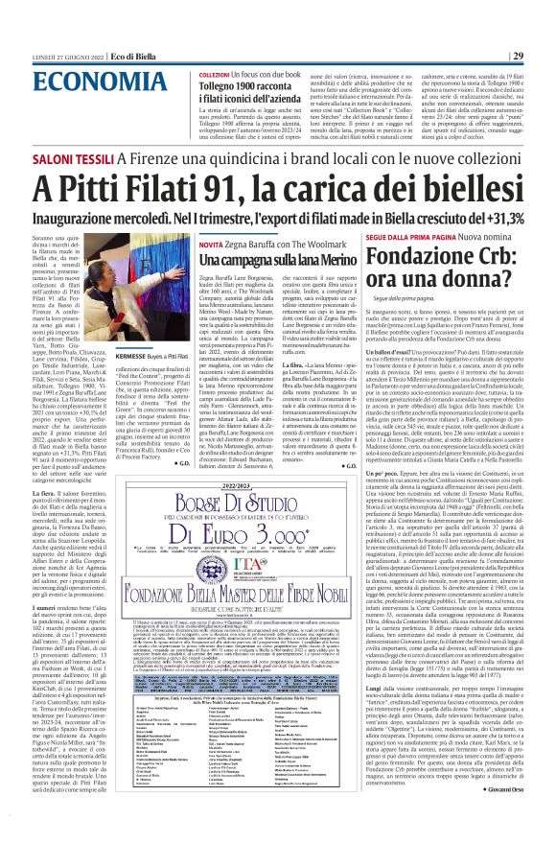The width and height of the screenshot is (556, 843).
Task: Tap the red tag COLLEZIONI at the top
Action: (x=213, y=74)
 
